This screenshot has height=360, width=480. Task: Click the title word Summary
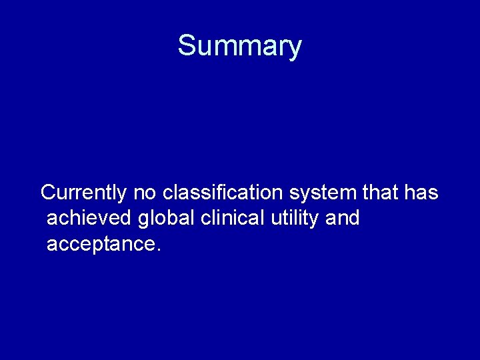(x=239, y=46)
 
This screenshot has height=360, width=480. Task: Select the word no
(x=145, y=193)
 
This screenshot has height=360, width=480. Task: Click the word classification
(x=223, y=193)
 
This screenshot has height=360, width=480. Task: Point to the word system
(x=323, y=193)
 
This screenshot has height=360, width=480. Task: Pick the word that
(x=381, y=193)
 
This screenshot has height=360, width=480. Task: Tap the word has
(x=421, y=193)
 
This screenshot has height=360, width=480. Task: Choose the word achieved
(x=90, y=218)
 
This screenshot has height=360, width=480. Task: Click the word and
(x=343, y=218)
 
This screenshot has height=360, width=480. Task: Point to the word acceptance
(x=99, y=244)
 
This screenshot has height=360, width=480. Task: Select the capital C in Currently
(x=49, y=193)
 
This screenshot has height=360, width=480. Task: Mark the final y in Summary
(x=295, y=49)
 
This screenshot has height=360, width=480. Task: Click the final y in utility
(x=315, y=221)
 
